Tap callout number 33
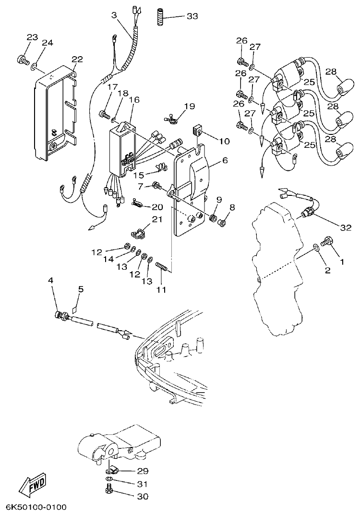coord(192,16)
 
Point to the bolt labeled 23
coord(22,60)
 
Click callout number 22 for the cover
coord(77,60)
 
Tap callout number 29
coord(143,471)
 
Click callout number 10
coord(225,141)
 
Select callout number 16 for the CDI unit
coord(134,100)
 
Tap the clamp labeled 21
coord(138,233)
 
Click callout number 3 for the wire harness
coord(114,15)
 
